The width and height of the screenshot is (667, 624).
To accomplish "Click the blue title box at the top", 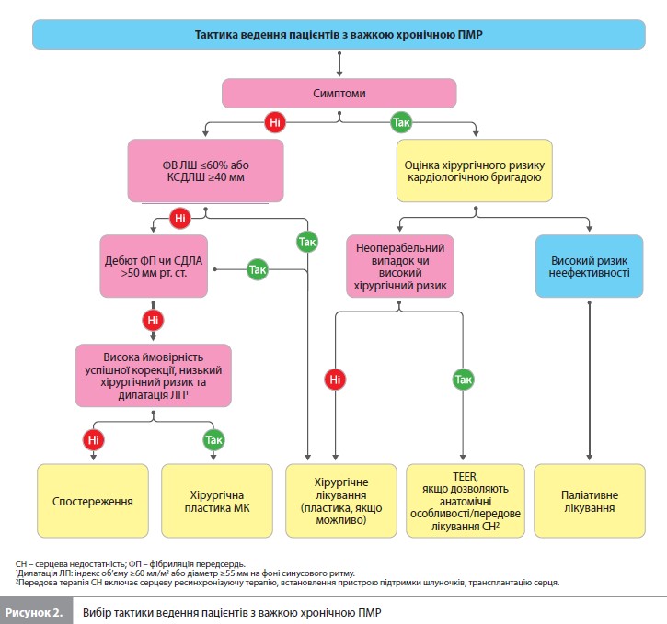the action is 339,34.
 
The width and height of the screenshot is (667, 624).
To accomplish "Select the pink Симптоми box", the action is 339,93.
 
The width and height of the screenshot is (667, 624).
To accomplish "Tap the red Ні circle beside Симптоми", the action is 275,122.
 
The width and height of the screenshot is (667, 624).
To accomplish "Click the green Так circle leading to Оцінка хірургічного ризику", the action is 401,122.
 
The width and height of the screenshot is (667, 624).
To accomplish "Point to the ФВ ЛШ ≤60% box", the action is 205,171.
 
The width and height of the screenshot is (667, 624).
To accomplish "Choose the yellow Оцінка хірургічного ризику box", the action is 475,171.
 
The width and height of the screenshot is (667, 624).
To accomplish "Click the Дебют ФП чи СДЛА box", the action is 154,267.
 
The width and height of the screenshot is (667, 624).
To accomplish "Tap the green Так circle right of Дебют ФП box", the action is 258,269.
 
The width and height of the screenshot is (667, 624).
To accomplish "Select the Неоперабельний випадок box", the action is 400,267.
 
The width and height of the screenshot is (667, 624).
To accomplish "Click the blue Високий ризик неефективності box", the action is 589,267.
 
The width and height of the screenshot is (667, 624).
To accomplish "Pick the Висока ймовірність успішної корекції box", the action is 153,376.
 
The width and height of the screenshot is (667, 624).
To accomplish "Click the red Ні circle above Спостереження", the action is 93,439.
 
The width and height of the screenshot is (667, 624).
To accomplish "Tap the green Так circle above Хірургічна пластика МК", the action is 213,439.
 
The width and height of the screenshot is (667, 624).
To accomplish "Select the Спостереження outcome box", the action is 93,501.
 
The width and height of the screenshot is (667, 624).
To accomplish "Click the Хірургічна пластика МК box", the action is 217,501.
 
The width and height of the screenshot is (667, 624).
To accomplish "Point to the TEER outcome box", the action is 466,501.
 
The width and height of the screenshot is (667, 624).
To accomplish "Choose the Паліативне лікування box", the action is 590,501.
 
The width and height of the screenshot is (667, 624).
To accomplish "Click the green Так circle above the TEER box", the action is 463,380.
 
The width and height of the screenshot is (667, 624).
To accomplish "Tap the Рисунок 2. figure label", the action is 34,613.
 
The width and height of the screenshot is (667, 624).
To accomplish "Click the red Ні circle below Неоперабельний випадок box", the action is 335,380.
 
